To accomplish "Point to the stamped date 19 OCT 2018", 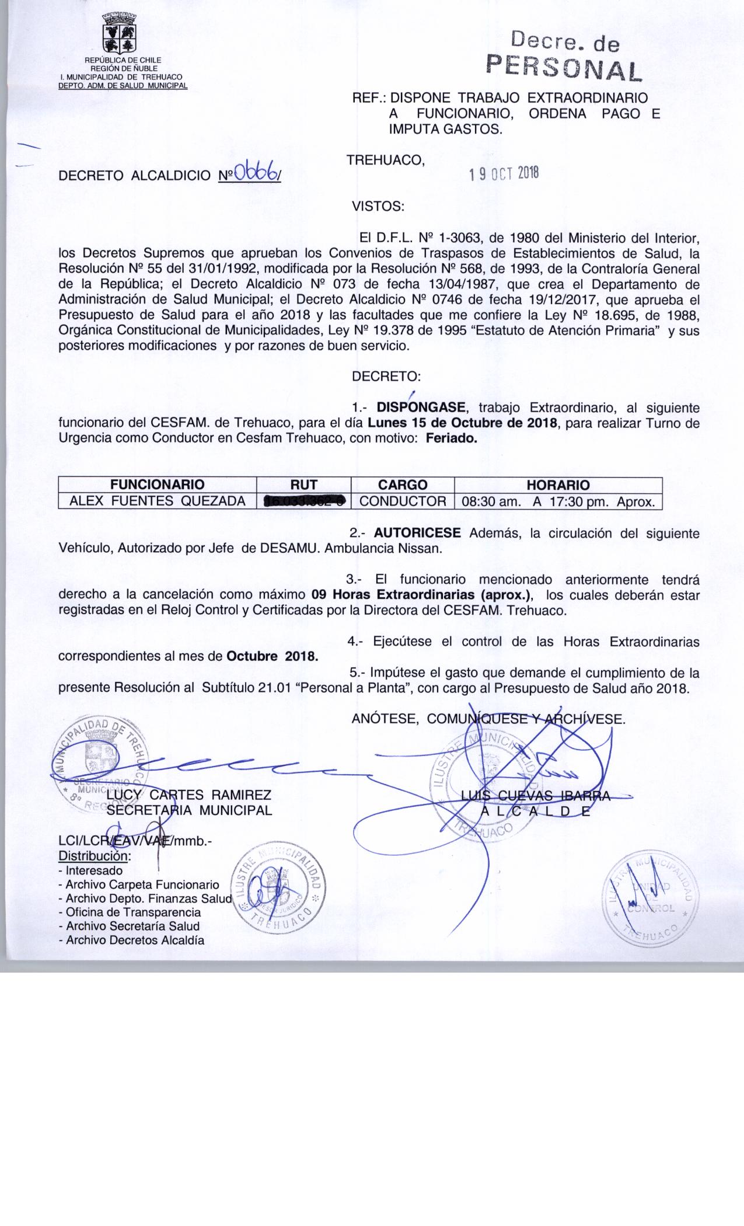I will tap(505, 173).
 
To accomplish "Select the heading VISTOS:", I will tap(378, 206).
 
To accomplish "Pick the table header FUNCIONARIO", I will tap(158, 485).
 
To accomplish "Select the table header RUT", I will tap(303, 485).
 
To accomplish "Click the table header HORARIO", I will tap(558, 485).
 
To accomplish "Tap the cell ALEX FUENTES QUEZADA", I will tap(158, 501).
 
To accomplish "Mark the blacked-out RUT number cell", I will tap(304, 501).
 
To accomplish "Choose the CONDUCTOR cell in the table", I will tap(403, 501).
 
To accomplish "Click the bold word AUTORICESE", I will tap(417, 533).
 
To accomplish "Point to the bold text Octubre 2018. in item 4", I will tap(273, 656).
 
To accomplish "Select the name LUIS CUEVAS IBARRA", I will tap(535, 795).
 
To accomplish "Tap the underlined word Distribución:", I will tap(95, 856).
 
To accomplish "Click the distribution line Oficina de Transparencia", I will tap(133, 912).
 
